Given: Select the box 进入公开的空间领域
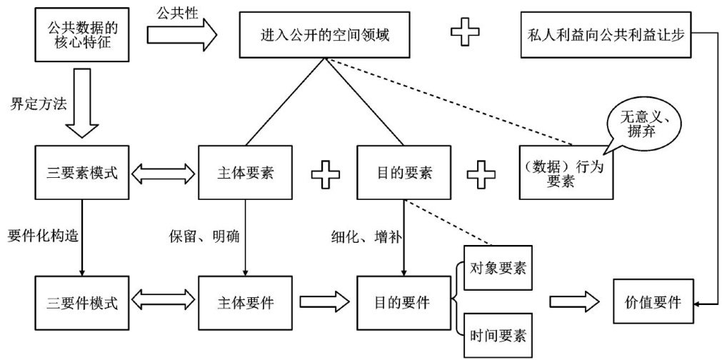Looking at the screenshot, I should pyautogui.click(x=325, y=34).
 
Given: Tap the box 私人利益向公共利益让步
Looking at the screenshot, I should pyautogui.click(x=606, y=34).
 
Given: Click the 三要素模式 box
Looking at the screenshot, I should pyautogui.click(x=82, y=173).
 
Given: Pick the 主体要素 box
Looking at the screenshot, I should pyautogui.click(x=246, y=173).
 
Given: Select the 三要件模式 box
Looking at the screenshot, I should pyautogui.click(x=82, y=301).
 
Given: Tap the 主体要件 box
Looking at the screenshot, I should pyautogui.click(x=246, y=301).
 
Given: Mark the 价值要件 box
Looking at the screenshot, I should pyautogui.click(x=651, y=301).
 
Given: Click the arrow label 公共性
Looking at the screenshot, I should pyautogui.click(x=177, y=11).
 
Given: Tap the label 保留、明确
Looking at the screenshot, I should pyautogui.click(x=199, y=236).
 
